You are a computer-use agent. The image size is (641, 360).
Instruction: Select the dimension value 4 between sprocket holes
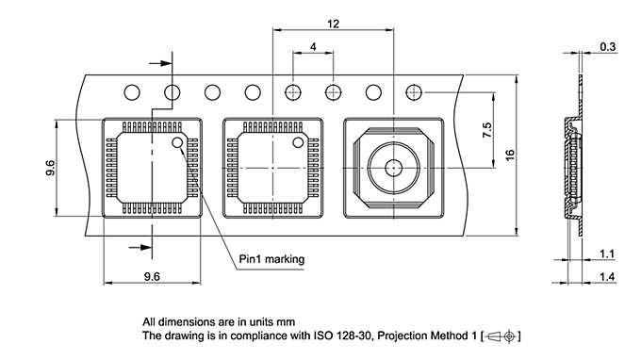click(x=312, y=46)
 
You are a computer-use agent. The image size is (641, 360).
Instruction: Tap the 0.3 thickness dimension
click(x=608, y=46)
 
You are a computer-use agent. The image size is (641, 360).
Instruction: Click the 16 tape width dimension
click(x=509, y=155)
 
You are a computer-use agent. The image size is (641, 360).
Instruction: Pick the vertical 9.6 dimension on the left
click(x=50, y=167)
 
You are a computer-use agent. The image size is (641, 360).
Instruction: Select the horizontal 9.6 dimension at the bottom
click(x=152, y=275)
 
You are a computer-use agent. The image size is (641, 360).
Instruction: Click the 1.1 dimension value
click(x=608, y=254)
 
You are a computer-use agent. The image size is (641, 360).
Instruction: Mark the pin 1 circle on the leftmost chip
click(x=177, y=143)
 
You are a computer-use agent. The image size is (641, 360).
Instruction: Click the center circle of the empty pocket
click(x=393, y=168)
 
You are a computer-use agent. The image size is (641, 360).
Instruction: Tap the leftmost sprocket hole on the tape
click(x=132, y=92)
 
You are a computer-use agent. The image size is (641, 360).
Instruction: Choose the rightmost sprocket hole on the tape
click(x=413, y=92)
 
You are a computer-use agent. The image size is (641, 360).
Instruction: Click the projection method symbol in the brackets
click(x=500, y=335)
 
